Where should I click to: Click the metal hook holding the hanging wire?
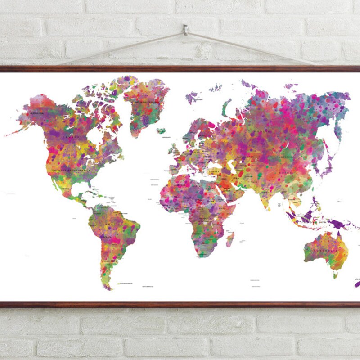pyautogui.click(x=185, y=31)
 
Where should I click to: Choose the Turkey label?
pyautogui.click(x=215, y=171)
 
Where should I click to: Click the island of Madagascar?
pyautogui.click(x=230, y=238)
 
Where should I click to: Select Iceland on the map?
pyautogui.click(x=161, y=131)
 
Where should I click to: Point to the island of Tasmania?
pyautogui.click(x=335, y=274)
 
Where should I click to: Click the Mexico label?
pyautogui.click(x=63, y=188)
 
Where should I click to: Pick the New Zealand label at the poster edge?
pyautogui.click(x=357, y=279)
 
